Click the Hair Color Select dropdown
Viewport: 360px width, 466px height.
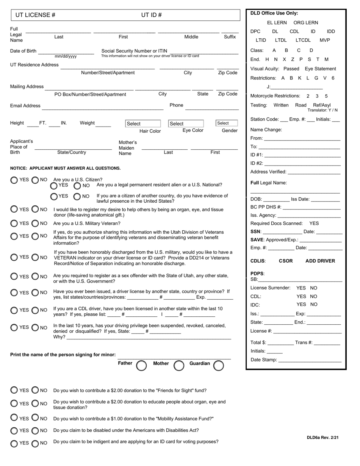click(143, 124)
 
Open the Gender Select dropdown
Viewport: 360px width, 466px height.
click(227, 123)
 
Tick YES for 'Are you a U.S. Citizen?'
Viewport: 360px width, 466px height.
click(14, 180)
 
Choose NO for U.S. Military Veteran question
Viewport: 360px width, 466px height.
click(35, 224)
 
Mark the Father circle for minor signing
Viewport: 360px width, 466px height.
click(141, 365)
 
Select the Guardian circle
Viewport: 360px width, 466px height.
click(219, 365)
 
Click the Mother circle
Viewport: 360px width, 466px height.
click(179, 365)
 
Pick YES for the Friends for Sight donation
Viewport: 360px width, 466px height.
click(14, 390)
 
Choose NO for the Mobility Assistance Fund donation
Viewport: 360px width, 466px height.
click(35, 418)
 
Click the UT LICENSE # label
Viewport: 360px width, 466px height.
click(35, 15)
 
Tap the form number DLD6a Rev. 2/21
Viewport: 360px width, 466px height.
click(322, 438)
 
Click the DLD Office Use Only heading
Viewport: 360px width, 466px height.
click(274, 13)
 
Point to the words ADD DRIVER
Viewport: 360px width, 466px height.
click(320, 261)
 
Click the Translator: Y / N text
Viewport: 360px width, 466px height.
click(322, 110)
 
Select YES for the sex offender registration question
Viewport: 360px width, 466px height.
click(14, 277)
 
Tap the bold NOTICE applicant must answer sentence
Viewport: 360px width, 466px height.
click(65, 168)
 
